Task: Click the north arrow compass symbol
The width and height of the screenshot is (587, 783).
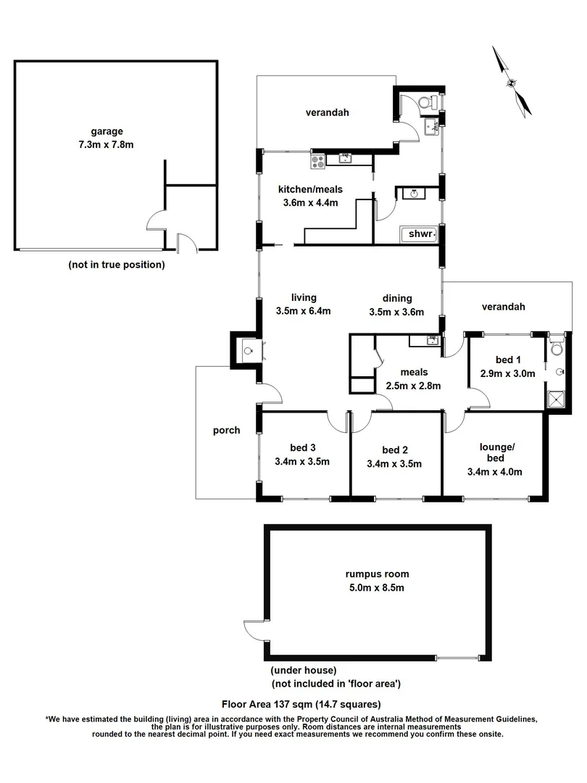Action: coord(512,81)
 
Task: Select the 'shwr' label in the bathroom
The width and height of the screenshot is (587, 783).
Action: coord(421,234)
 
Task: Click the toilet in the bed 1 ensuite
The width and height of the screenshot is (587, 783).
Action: coord(557,349)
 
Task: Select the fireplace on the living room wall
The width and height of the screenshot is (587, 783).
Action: coord(248,350)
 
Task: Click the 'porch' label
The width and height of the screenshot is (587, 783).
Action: coord(226,430)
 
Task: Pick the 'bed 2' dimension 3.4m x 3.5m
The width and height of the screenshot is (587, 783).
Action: coord(394,464)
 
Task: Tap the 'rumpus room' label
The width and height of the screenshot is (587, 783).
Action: coord(372,573)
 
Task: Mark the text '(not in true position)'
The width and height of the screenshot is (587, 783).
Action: coord(117,265)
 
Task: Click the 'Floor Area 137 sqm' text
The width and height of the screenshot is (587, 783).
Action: coord(301,704)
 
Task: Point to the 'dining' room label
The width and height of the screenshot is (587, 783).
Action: coord(397,298)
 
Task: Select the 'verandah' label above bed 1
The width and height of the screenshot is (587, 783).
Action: coord(502,307)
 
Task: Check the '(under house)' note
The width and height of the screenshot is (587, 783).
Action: coord(304,671)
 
